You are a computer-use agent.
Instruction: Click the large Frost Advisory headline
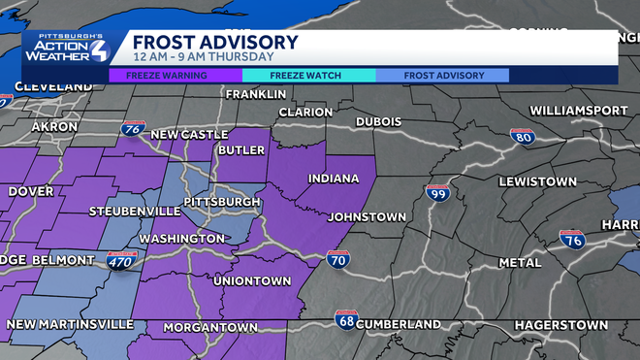pos(215,43)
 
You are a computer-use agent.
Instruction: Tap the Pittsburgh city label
pos(215,202)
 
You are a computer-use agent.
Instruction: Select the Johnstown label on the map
pos(367,216)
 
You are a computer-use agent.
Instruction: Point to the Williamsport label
pos(579,111)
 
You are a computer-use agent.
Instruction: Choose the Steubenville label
pos(135,211)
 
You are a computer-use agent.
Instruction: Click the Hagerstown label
pos(560,324)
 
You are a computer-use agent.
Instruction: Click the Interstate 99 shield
pos(437,193)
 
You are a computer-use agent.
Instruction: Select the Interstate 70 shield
pos(338,258)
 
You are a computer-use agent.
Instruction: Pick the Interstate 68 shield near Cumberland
pos(346,319)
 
